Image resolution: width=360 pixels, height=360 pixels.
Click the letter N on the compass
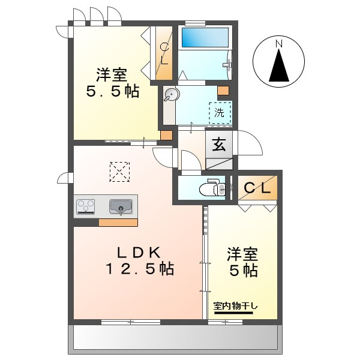click(x=278, y=44)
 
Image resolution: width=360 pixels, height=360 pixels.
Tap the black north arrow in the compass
click(x=278, y=67)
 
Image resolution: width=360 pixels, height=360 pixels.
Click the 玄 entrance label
click(x=218, y=145)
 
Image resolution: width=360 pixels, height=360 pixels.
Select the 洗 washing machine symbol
click(x=220, y=112)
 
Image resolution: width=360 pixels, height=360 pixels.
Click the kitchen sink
click(x=121, y=207)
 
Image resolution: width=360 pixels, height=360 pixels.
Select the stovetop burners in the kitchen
click(x=86, y=207)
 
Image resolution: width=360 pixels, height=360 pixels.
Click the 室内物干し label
click(x=236, y=307)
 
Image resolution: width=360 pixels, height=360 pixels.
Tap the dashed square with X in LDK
click(x=119, y=172)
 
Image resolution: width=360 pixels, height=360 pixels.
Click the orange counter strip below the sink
click(x=118, y=222)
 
